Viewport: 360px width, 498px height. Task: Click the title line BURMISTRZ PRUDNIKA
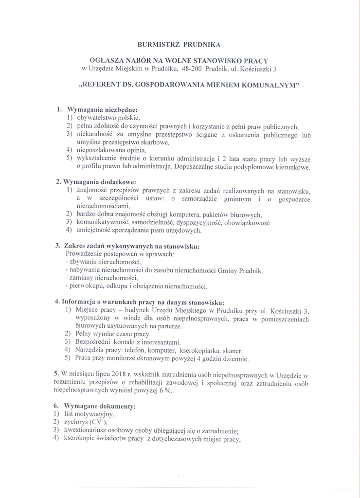tap(180, 45)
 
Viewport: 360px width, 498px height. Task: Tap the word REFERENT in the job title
tap(102, 84)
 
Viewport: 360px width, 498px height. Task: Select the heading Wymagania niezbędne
tap(102, 109)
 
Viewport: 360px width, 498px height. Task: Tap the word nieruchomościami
tap(104, 206)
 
